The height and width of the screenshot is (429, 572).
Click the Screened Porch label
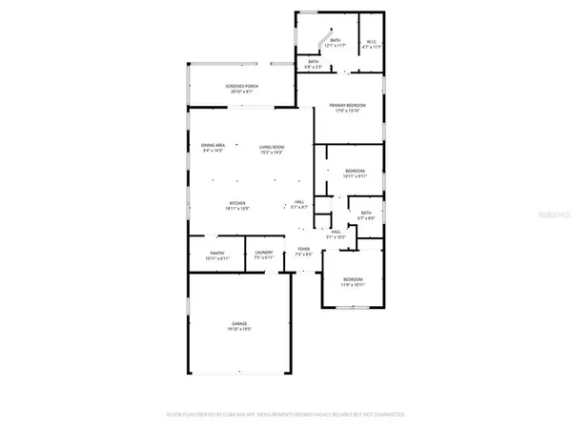[241, 87]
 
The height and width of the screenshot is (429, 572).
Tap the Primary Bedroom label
[350, 105]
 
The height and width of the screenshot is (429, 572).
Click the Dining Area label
[213, 145]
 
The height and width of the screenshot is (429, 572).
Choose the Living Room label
[272, 145]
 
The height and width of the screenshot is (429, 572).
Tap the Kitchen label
[237, 202]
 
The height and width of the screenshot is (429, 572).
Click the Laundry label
[264, 253]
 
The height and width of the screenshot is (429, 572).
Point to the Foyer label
[303, 251]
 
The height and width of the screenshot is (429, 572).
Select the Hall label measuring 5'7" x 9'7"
[298, 201]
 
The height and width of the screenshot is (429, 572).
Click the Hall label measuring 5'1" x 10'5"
[336, 231]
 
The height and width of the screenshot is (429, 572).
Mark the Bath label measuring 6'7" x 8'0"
[366, 213]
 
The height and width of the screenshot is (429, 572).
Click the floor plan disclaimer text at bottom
[287, 415]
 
